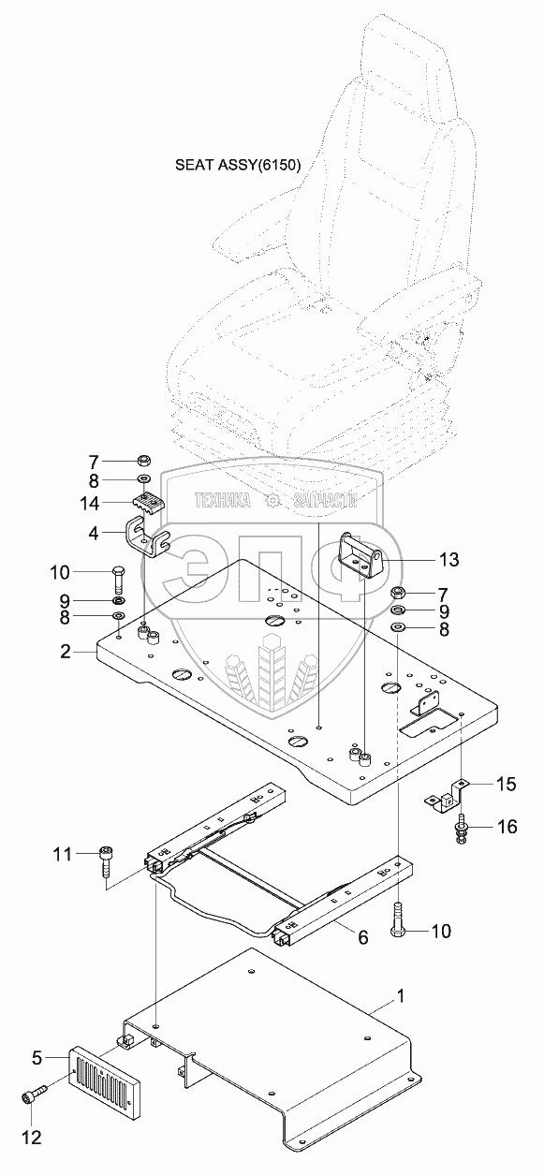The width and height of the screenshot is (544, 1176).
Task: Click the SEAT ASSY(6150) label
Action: click(x=238, y=166)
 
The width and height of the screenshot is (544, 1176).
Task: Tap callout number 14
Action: click(x=90, y=504)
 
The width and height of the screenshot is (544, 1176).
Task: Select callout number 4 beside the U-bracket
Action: click(x=94, y=534)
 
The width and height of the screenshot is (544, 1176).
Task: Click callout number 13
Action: click(x=448, y=560)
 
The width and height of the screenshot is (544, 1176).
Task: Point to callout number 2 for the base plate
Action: click(x=66, y=652)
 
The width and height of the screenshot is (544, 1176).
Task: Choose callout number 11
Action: click(x=62, y=854)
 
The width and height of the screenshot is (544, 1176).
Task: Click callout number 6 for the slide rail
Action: click(x=363, y=936)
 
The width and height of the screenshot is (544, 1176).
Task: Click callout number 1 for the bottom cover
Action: click(x=401, y=996)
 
